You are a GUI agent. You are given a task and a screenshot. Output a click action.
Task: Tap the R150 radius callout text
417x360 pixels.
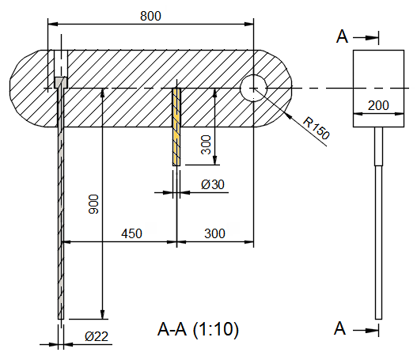point(316,128)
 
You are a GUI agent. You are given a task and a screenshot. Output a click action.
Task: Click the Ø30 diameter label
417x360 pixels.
point(213,184)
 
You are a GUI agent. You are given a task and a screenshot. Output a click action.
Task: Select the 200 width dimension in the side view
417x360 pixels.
point(378,104)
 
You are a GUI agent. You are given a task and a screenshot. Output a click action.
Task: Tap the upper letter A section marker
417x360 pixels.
point(340,36)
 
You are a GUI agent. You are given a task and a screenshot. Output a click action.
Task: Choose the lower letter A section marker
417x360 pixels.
point(340,328)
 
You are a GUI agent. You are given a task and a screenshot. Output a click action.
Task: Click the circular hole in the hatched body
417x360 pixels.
point(252,87)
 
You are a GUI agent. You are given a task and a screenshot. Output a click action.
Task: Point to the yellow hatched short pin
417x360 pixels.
point(176,127)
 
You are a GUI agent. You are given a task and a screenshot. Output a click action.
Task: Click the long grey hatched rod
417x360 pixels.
point(59,206)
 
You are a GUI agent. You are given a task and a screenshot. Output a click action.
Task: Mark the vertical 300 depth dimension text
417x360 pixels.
point(206,144)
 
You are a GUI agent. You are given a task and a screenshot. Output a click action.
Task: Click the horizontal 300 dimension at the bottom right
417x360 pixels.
point(214,233)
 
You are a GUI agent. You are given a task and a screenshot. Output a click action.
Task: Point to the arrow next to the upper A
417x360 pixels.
point(368,36)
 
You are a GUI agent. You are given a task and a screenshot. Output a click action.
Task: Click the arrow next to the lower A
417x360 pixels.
point(368,328)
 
